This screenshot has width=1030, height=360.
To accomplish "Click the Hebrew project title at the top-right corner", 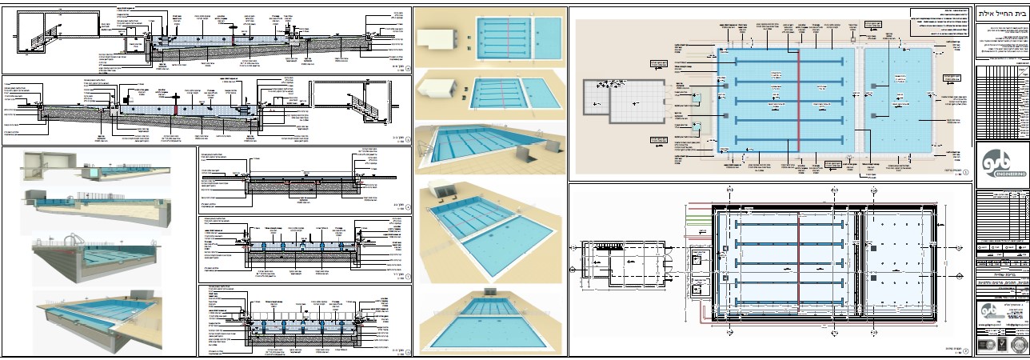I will tap(1003, 13).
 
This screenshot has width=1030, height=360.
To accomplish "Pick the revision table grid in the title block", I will tap(1003, 104).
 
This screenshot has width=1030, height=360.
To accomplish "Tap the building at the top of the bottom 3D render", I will tap(490, 297).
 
